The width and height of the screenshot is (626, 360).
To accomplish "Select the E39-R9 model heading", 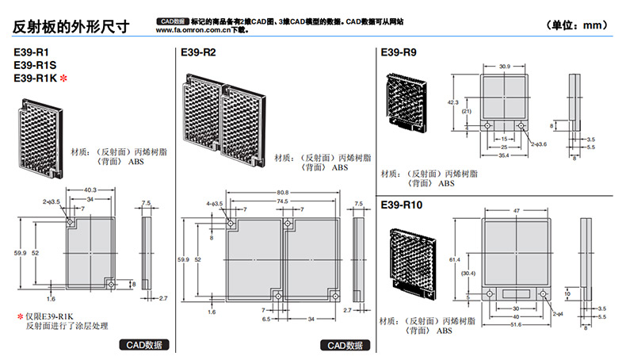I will coord(399,52).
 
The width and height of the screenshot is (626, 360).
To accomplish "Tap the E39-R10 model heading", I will coord(402,205).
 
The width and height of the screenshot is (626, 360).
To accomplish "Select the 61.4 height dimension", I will coord(452,259).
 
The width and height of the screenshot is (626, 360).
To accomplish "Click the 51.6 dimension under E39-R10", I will coord(517,324).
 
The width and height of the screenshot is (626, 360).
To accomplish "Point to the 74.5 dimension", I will coord(282,201).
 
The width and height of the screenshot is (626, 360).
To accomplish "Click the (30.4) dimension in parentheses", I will coord(468,274).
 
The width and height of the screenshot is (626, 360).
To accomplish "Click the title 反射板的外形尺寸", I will coord(71,25).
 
